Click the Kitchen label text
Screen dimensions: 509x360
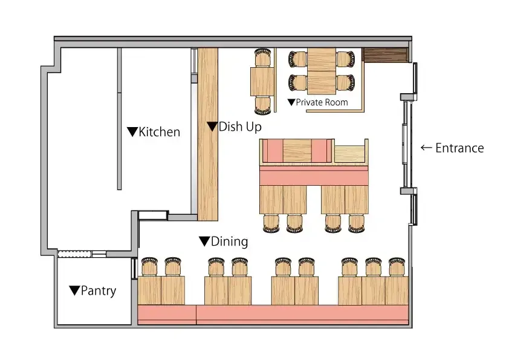coord(159,132)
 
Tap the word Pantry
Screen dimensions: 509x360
coord(99,291)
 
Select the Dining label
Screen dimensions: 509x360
coord(230,241)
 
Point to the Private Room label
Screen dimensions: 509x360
coord(322,102)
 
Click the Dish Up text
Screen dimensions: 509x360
coord(240,126)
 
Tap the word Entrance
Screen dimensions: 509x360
coord(459,148)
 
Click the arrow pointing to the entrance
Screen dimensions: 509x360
coord(426,148)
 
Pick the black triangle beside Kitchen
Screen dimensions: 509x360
coord(132,131)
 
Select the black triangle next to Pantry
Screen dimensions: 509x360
coord(75,290)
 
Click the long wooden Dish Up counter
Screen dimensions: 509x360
coord(208,134)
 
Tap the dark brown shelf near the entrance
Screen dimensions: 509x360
coord(385,55)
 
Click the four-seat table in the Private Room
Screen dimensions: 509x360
coord(322,71)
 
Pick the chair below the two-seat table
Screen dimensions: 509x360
coord(262,105)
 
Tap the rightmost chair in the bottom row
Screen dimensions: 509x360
coord(397,267)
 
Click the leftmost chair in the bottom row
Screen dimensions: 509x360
coord(150,267)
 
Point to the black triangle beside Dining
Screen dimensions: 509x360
coord(204,241)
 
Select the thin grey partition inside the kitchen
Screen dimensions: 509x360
coord(119,119)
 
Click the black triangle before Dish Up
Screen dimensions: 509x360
coord(212,126)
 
